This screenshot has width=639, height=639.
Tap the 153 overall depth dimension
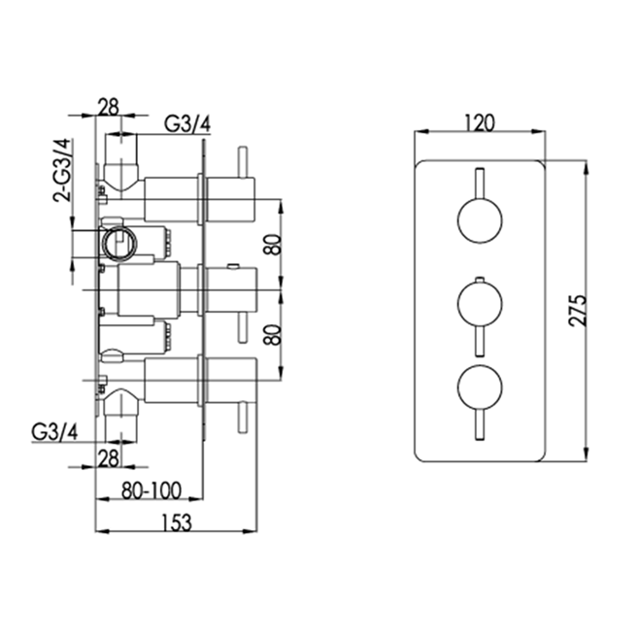175,521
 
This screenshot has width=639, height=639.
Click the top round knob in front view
479,221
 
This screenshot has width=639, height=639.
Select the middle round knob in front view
479,305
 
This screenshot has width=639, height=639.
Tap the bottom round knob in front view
479,388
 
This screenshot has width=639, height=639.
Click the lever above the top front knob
479,184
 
